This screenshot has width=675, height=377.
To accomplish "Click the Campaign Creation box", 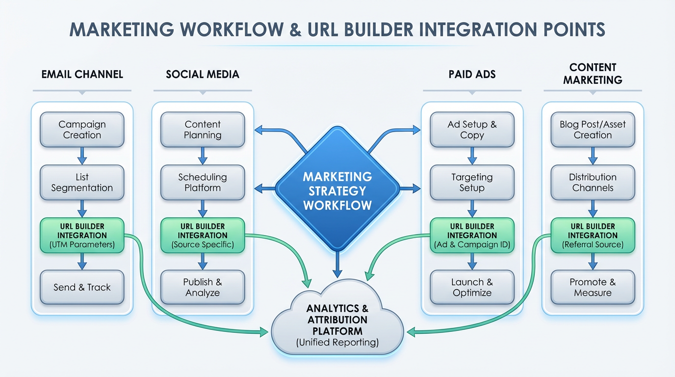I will pyautogui.click(x=82, y=130).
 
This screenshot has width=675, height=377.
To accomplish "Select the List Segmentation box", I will pyautogui.click(x=82, y=183).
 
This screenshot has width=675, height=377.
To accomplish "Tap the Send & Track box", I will pyautogui.click(x=82, y=288).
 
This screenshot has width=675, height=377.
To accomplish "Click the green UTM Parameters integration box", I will pyautogui.click(x=82, y=236).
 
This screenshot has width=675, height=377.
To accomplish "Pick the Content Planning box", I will pyautogui.click(x=203, y=130).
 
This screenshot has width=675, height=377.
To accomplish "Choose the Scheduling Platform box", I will pyautogui.click(x=203, y=183).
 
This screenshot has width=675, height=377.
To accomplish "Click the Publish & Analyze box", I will pyautogui.click(x=203, y=288).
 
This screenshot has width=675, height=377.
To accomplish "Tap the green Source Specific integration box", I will pyautogui.click(x=203, y=236).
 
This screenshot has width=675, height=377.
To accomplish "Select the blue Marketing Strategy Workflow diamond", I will pyautogui.click(x=337, y=190).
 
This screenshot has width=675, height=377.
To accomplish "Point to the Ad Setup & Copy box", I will pyautogui.click(x=472, y=130).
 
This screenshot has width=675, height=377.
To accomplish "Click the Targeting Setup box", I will pyautogui.click(x=472, y=183).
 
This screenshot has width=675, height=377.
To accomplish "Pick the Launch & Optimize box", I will pyautogui.click(x=472, y=288).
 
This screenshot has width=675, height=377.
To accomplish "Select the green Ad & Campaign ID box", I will pyautogui.click(x=472, y=236).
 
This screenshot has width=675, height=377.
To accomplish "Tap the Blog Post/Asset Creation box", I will pyautogui.click(x=593, y=130).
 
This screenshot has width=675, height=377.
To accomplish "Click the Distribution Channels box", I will pyautogui.click(x=593, y=183).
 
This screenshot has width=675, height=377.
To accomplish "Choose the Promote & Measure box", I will pyautogui.click(x=593, y=288).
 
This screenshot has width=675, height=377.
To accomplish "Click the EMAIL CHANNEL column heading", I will pyautogui.click(x=82, y=75).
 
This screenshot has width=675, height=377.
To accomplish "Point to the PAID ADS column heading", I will pyautogui.click(x=472, y=75).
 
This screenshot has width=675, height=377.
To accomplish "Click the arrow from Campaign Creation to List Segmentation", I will pyautogui.click(x=82, y=156).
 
